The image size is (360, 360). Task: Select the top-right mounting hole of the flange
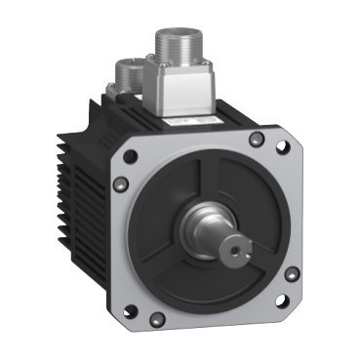tap(283, 148)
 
